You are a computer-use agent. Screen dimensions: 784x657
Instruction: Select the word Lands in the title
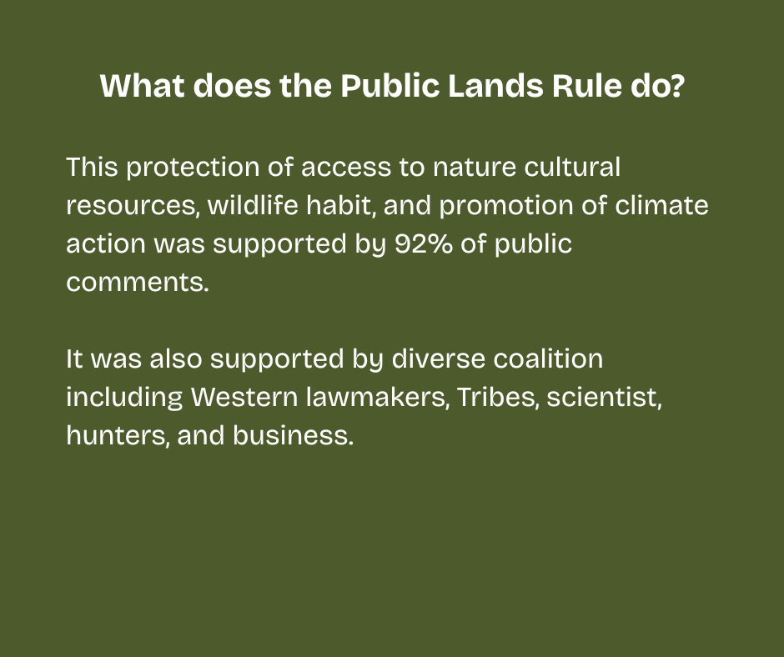point(495,86)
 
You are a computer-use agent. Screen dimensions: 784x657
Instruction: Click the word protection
point(193,167)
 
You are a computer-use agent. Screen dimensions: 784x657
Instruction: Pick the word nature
point(474,167)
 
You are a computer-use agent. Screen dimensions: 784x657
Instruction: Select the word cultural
point(572,167)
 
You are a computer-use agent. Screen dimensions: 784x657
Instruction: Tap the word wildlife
point(253,205)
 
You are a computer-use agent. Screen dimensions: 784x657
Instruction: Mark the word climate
point(661,205)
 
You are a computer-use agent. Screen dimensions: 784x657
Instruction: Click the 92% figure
point(423,243)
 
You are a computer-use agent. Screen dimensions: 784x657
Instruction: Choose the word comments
point(138,282)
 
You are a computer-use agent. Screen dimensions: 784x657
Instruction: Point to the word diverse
point(439,359)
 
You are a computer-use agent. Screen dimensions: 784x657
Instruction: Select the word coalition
point(548,359)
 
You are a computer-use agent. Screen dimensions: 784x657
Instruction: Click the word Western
point(244,397)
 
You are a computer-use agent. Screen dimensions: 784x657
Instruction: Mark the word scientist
point(605,397)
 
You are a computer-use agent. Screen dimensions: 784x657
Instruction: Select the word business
point(293,435)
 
